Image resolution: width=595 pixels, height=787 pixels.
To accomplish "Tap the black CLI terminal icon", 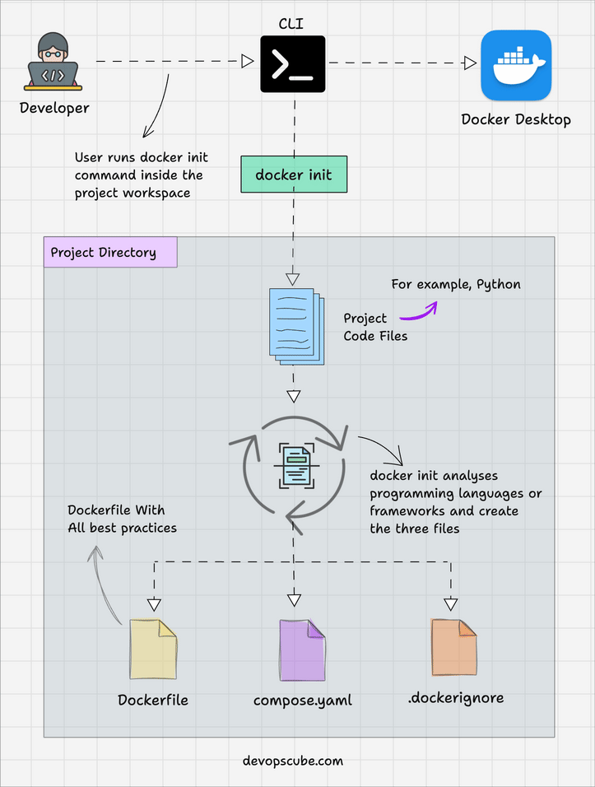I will (x=292, y=63).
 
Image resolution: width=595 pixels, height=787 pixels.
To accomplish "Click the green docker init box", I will (x=294, y=175).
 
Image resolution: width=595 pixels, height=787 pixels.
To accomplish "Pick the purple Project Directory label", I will (x=110, y=252).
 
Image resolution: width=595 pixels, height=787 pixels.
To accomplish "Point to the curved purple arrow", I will (x=419, y=311).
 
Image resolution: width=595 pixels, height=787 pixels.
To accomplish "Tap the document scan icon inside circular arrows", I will (x=294, y=466).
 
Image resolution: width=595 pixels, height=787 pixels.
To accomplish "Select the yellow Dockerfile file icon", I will (x=152, y=650).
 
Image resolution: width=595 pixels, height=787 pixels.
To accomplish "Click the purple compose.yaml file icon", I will (x=302, y=650).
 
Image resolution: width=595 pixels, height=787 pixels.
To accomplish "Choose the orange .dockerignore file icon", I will (x=453, y=648).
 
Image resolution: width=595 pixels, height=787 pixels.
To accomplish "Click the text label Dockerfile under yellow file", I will (x=152, y=701).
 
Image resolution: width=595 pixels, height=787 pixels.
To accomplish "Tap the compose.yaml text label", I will (x=302, y=701).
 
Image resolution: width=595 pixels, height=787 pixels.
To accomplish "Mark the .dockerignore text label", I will (x=455, y=698).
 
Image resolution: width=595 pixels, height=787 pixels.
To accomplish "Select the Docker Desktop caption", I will (x=516, y=119).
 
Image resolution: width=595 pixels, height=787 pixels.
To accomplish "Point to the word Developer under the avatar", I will (x=54, y=108).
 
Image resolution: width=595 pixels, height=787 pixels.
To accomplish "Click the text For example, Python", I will (x=455, y=284).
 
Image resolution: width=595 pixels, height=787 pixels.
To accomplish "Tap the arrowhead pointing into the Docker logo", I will (x=470, y=63).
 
